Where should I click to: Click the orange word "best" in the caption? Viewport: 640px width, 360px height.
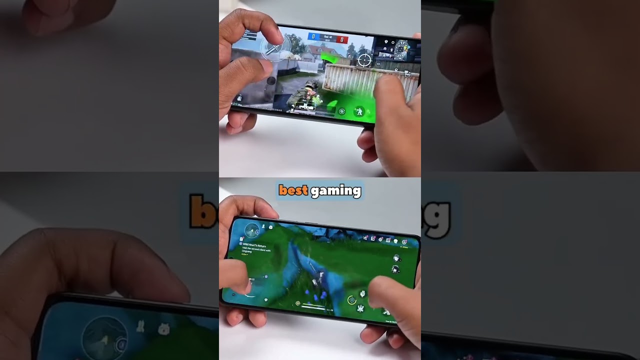[x=293, y=190]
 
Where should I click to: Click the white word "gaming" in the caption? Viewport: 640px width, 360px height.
[x=335, y=191]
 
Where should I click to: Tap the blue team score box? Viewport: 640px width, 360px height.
[x=313, y=37]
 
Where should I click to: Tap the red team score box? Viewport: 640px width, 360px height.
[x=342, y=39]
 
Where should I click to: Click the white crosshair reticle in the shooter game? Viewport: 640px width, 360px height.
[x=364, y=60]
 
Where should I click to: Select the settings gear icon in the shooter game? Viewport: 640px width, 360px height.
[x=407, y=74]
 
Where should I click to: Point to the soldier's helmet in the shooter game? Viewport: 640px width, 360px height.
[x=311, y=85]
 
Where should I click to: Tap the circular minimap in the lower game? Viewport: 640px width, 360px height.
[x=251, y=230]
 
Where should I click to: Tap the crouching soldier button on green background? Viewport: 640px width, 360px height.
[x=359, y=111]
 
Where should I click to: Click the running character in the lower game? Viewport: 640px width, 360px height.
[x=314, y=282]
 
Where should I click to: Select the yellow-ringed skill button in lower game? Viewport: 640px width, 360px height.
[x=352, y=300]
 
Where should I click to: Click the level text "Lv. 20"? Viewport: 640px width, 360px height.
[x=329, y=310]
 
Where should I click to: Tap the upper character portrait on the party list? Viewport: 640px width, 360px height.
[x=396, y=258]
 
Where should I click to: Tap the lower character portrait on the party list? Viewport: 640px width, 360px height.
[x=395, y=270]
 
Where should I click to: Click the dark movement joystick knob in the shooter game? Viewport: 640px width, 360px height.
[x=271, y=80]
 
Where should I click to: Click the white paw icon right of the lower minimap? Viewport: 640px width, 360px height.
[x=263, y=227]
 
